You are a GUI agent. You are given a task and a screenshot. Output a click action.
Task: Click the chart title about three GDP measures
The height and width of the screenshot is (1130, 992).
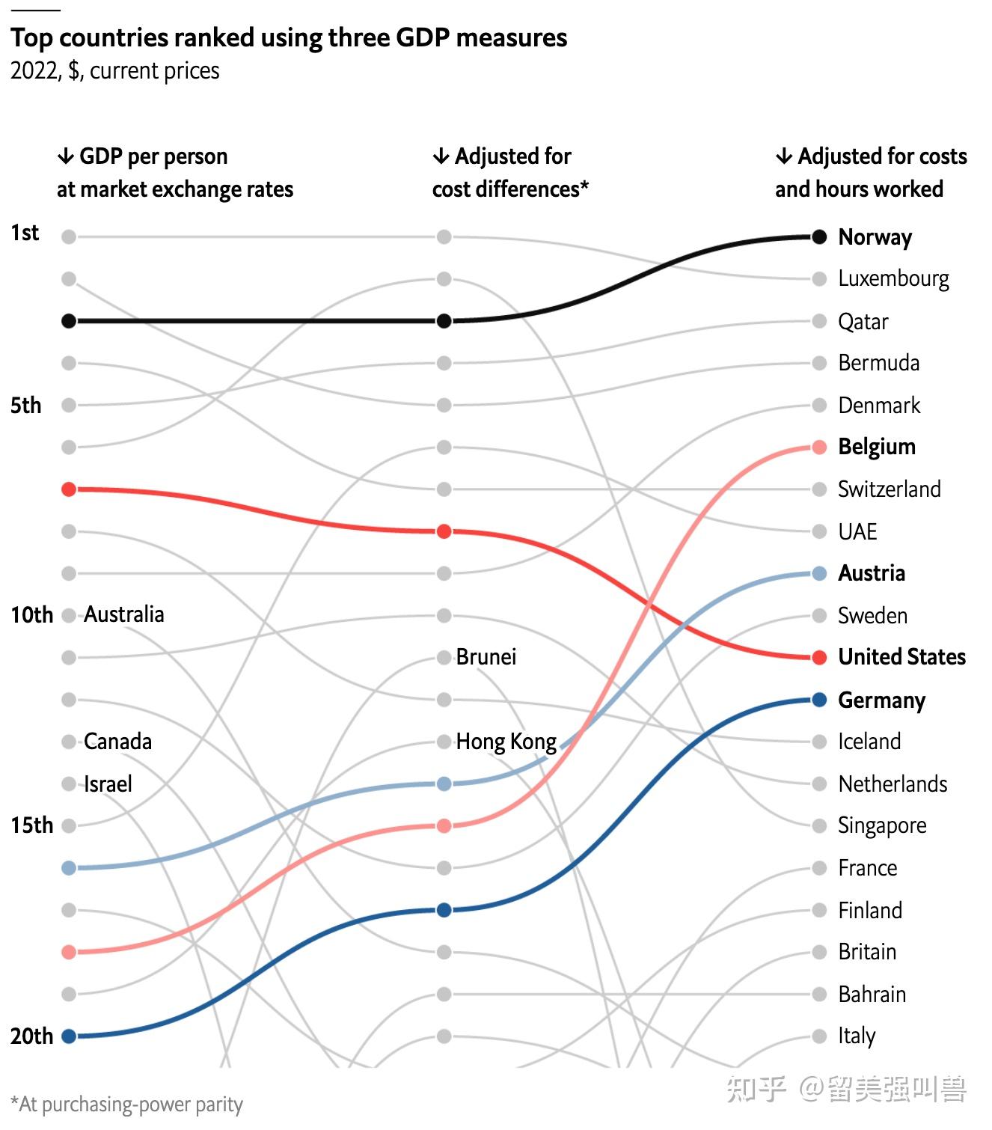(x=289, y=37)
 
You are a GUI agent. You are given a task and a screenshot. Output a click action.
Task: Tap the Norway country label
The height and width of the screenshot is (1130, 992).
(x=875, y=237)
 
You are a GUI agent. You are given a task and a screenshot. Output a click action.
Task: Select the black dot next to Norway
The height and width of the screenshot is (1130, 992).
(x=819, y=237)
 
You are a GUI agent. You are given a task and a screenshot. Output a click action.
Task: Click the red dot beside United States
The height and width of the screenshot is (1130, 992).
(x=819, y=658)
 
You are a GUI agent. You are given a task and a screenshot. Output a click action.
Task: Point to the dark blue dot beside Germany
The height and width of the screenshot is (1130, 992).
(x=819, y=700)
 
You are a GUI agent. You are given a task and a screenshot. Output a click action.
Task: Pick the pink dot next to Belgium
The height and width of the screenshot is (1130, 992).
(x=819, y=448)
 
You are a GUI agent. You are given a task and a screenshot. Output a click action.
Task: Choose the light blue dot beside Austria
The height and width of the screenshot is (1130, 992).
(x=819, y=573)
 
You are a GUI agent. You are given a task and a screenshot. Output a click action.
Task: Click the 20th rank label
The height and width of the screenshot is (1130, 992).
(x=32, y=1036)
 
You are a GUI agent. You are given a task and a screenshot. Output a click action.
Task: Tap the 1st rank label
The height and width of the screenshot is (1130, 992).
(x=25, y=233)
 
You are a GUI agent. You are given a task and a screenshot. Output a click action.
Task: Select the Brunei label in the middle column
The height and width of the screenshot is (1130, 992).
(x=486, y=657)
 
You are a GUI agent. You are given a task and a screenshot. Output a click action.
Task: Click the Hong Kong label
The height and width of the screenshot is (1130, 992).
(x=506, y=742)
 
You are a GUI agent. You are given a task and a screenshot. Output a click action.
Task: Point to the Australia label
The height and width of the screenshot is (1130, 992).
(x=123, y=614)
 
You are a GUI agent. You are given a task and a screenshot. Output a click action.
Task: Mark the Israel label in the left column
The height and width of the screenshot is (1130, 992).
(x=108, y=784)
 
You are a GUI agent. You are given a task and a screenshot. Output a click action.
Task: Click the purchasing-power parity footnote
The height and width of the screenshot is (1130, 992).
(x=127, y=1105)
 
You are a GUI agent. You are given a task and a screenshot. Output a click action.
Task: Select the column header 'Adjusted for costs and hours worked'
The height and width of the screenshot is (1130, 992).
(x=870, y=173)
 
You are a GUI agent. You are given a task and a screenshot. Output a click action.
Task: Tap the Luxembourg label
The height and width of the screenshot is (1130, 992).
(x=893, y=279)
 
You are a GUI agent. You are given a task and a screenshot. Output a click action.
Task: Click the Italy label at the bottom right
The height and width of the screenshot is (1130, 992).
(x=857, y=1036)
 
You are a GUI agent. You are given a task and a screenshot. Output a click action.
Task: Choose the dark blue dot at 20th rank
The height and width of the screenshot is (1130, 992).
(x=69, y=1036)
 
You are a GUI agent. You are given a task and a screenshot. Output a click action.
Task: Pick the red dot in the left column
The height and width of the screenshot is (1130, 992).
(x=69, y=489)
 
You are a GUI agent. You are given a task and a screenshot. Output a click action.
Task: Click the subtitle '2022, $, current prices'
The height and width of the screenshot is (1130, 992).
(x=115, y=71)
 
